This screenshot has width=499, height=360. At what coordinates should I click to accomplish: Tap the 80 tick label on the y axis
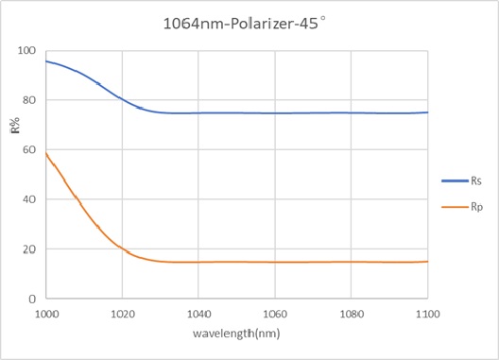29,100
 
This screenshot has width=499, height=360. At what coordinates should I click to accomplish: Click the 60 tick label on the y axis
29,150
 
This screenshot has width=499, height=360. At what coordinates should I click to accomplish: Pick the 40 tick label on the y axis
29,199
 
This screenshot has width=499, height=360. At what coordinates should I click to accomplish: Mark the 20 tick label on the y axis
29,249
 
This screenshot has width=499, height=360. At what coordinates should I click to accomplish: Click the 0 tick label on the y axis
32,299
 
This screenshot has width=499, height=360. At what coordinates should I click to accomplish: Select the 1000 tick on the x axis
45,311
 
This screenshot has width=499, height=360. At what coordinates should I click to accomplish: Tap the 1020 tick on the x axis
122,311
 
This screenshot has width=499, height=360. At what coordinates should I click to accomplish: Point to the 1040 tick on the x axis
198,311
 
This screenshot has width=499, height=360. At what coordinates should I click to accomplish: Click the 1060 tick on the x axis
275,311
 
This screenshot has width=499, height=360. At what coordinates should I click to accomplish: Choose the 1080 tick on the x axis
351,311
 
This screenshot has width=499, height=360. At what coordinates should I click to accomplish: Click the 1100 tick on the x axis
427,311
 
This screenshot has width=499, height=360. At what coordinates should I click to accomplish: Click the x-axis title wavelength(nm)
236,333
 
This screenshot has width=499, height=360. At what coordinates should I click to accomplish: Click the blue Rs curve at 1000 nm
46,61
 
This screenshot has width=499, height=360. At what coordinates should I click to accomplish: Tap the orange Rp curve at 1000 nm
46,153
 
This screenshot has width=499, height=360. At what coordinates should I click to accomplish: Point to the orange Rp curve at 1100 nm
427,262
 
